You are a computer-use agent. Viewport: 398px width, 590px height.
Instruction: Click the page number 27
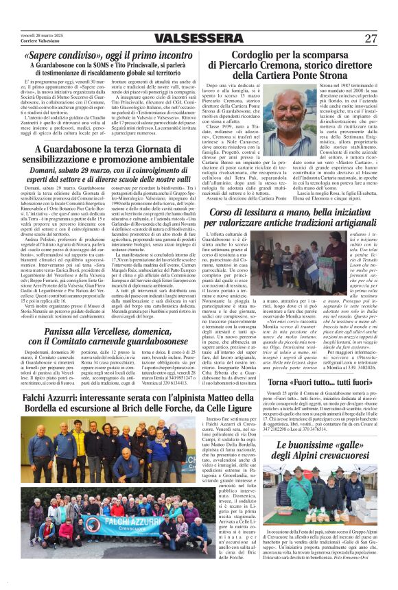371,38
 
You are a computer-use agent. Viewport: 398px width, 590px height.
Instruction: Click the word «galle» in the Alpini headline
324,445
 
